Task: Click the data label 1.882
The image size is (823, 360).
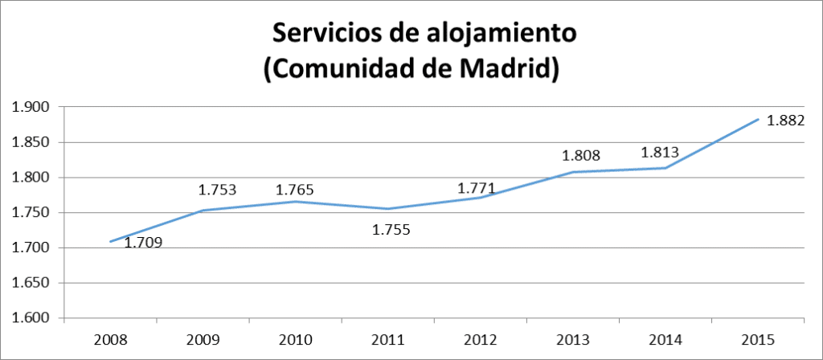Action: pos(786,121)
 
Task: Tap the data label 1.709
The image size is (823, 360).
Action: pos(144,242)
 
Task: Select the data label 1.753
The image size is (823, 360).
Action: pos(218,190)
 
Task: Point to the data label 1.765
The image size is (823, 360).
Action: pos(294,190)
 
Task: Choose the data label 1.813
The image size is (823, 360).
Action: pos(661,152)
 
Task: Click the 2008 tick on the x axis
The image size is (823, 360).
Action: pos(110,340)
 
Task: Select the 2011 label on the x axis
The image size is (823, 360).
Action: pos(388,340)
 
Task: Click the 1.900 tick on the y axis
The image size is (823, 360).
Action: pos(30,108)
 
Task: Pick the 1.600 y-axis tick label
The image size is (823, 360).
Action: pos(30,319)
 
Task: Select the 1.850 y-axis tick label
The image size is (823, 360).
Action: pos(30,143)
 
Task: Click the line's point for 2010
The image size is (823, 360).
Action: pos(295,202)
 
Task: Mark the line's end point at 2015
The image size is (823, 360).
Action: pos(758,120)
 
